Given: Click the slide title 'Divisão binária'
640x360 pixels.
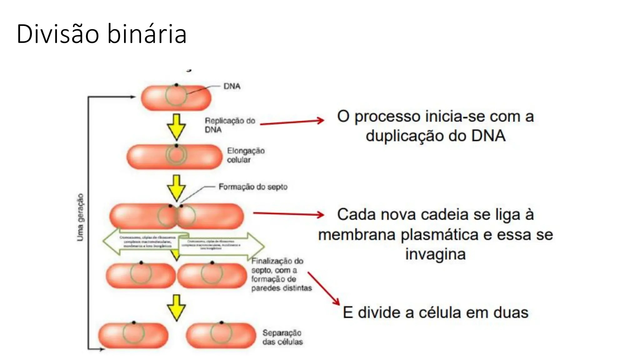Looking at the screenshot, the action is [x=102, y=34].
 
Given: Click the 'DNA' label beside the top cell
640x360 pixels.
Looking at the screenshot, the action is [x=232, y=86].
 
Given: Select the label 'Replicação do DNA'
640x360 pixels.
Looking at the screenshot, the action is [x=230, y=125].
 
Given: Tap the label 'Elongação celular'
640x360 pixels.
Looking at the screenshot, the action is [x=246, y=155].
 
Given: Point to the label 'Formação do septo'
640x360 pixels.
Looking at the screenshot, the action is [x=253, y=187].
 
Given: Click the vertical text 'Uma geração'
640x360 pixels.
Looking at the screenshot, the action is [x=80, y=217].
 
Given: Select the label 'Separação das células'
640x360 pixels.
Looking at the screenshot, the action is [x=282, y=337].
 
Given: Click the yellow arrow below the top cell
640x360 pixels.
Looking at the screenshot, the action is [x=176, y=127].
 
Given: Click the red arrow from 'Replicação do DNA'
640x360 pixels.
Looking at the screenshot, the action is [x=292, y=122].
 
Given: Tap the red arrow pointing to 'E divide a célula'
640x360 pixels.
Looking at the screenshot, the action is [x=324, y=288].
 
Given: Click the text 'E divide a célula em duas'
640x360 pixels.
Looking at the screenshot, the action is [x=435, y=312].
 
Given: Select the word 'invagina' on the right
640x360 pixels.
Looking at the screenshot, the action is [x=435, y=254].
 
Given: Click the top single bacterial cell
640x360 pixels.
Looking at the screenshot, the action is [x=176, y=97].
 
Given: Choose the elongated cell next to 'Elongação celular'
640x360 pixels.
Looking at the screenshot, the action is [x=174, y=156].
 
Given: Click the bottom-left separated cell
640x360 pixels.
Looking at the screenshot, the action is [x=133, y=335].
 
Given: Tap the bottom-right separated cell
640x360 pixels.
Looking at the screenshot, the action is [x=221, y=335].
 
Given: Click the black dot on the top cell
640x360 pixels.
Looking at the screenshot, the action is [x=176, y=85].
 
